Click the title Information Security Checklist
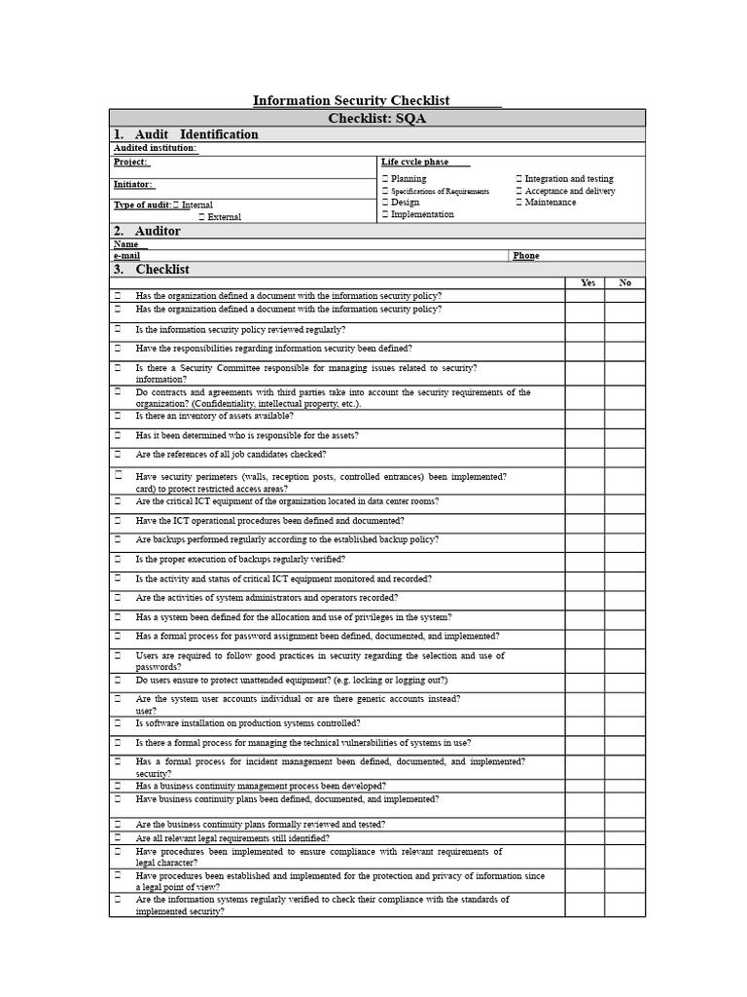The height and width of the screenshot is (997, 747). pos(351,100)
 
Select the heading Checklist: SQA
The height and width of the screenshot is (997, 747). pos(377,118)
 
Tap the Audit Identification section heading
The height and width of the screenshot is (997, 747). pos(186,134)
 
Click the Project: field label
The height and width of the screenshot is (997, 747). pos(130,162)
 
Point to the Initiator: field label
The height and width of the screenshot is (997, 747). pos(132,184)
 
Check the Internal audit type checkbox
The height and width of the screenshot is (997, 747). pos(176,205)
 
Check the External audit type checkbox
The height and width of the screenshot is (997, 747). pos(202,217)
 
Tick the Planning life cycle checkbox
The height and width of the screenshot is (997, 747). pos(385,179)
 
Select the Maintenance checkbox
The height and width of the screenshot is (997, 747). pos(519,203)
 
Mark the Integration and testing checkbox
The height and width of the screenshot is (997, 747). pos(519,179)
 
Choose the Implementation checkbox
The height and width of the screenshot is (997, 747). pos(385,214)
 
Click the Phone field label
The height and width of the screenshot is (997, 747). pos(525,256)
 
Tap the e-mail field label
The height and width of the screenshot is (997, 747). pos(126,256)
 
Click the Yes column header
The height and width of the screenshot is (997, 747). pos(587,282)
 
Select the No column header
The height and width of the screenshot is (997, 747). pos(624,282)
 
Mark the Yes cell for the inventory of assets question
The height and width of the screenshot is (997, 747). pos(585,419)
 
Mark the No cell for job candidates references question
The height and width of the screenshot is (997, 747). pos(624,457)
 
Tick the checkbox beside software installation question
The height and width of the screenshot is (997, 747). pos(118,723)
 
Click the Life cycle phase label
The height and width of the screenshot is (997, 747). pos(414,162)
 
